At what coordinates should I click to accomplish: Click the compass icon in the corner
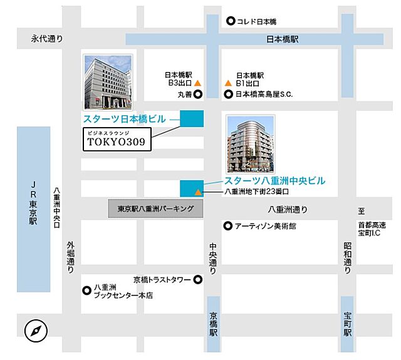coord(36,331)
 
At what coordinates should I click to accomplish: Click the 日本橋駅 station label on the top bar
coord(283,39)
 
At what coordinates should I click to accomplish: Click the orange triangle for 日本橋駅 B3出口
coord(197,83)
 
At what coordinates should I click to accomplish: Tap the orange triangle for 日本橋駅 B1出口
coord(228,83)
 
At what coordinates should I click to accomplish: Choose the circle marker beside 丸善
coord(197,95)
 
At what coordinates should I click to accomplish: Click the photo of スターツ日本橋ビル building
coord(108,82)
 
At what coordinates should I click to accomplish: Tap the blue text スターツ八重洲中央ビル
coord(275,180)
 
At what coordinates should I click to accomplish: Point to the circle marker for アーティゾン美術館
coord(228,225)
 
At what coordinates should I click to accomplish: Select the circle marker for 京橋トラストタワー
coord(197,279)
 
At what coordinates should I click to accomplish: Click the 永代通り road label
coord(48,39)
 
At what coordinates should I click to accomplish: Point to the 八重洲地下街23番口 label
coord(256,192)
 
